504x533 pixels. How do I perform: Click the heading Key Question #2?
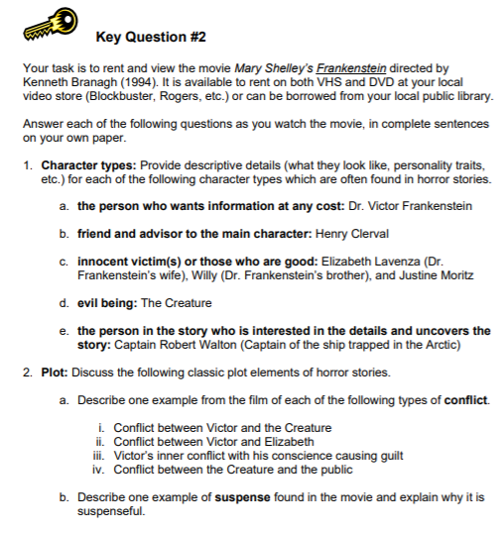pos(152,37)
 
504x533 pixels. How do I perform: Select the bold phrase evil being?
pos(106,302)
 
